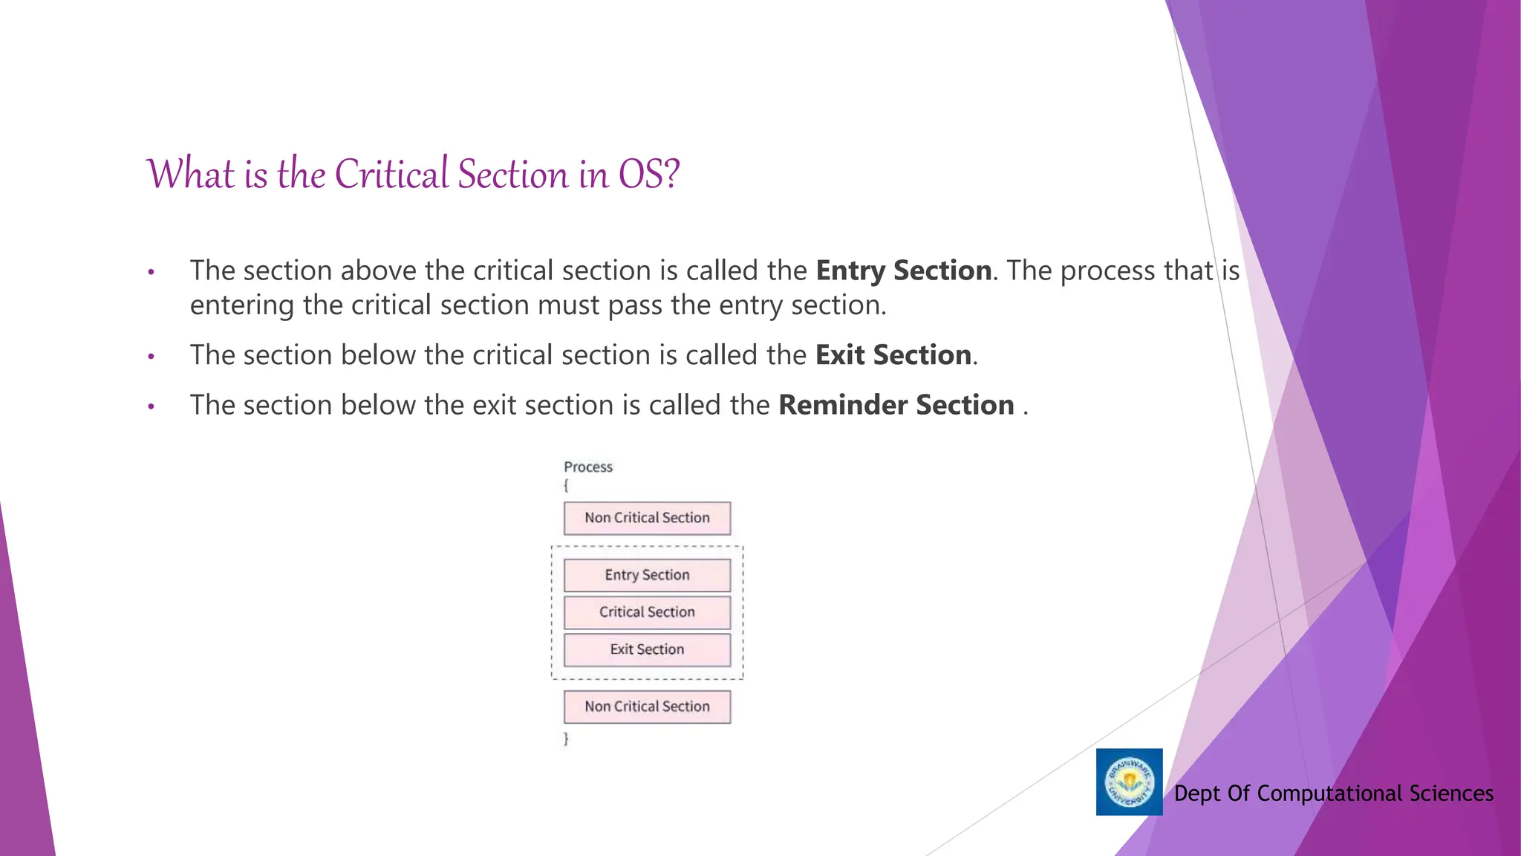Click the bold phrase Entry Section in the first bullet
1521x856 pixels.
[x=903, y=270]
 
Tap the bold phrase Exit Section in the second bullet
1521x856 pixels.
[x=893, y=355]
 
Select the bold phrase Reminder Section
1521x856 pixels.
[x=896, y=405]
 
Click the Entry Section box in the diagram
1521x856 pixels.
[x=647, y=575]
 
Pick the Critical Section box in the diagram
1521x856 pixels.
[x=647, y=612]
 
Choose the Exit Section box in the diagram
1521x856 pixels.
[x=647, y=649]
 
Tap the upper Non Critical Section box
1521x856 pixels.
[x=647, y=518]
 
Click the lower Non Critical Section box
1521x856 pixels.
[x=647, y=707]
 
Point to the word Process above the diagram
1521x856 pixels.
[x=587, y=467]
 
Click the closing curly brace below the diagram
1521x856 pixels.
[x=566, y=739]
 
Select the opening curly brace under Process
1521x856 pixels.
[x=566, y=485]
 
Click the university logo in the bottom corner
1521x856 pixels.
[x=1129, y=782]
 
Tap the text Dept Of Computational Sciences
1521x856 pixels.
[x=1333, y=794]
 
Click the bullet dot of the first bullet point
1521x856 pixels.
[x=151, y=273]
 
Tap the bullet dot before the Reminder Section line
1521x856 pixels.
[x=151, y=407]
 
